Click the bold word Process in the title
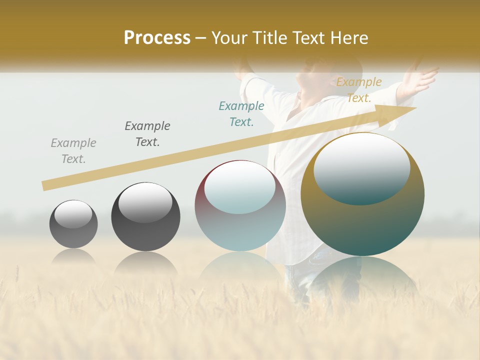157,38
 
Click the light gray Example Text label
73,151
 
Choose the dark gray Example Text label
147,134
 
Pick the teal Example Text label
241,114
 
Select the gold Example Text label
359,90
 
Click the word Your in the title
227,38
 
